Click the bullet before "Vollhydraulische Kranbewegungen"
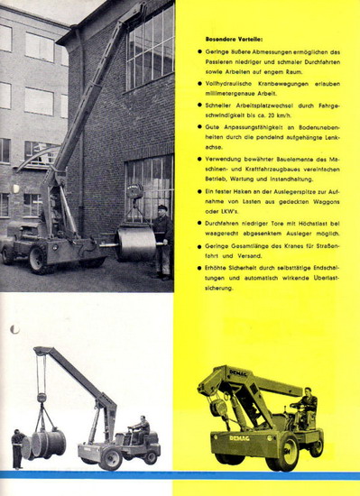point(199,83)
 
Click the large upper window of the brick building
point(151,45)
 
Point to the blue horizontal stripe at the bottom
point(180,474)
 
